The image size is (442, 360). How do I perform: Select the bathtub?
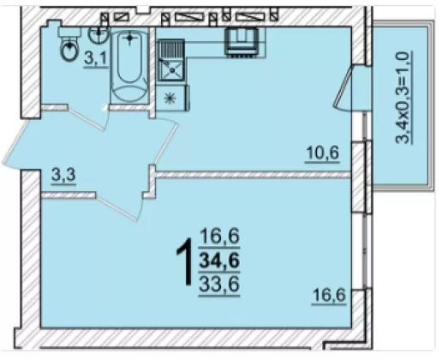[x=129, y=66]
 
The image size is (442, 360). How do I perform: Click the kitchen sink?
[x=171, y=61]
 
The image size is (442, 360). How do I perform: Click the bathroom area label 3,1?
[x=95, y=59]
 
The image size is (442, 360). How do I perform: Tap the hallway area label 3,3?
[x=63, y=174]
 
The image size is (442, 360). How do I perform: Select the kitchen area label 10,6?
[x=322, y=153]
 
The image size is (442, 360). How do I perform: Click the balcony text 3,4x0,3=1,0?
[x=403, y=97]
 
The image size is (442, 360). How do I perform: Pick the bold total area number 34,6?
[x=219, y=261]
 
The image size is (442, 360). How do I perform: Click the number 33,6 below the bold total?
[x=219, y=285]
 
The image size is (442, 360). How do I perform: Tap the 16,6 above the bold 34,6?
[x=219, y=237]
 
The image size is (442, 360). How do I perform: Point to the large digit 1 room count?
[x=185, y=262]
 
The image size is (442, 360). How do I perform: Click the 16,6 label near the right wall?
[x=329, y=295]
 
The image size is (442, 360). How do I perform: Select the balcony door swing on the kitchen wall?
[x=343, y=87]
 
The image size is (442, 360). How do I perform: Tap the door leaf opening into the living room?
[x=116, y=207]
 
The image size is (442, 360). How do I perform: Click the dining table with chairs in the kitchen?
[x=242, y=42]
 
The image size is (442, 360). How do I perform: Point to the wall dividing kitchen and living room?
[x=253, y=175]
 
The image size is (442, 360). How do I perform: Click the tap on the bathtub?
[x=129, y=38]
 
